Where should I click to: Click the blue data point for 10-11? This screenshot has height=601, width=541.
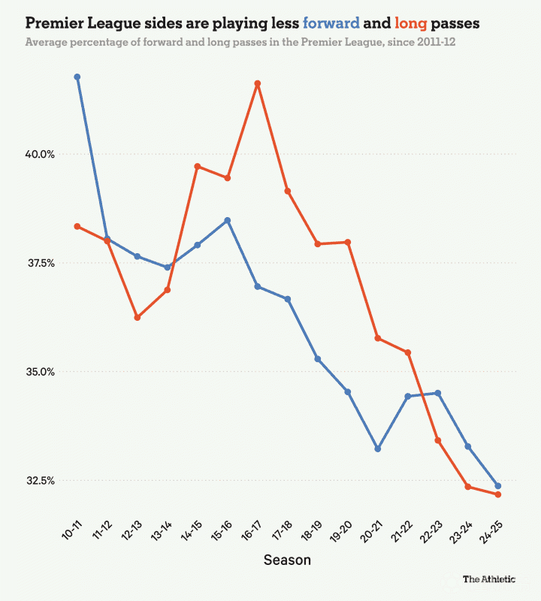tap(77, 77)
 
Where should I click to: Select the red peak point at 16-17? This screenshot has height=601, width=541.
tap(257, 83)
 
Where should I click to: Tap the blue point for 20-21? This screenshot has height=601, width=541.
tap(377, 448)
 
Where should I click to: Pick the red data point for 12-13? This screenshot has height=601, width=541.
tap(137, 318)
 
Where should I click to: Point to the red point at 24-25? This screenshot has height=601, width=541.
tap(497, 494)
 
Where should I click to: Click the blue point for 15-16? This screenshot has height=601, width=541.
tap(227, 220)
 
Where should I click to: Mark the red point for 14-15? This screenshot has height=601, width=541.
tap(197, 166)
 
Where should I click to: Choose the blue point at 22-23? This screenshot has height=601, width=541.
tap(437, 393)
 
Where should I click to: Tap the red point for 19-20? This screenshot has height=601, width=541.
tap(347, 242)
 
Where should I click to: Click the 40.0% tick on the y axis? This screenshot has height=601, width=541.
tap(41, 154)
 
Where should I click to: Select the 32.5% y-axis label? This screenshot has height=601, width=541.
tap(41, 481)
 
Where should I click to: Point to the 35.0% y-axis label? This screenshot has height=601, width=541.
tap(41, 372)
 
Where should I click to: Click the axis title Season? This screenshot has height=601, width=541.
tap(287, 560)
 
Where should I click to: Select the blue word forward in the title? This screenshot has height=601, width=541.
tap(331, 24)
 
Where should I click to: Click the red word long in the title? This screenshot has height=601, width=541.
tap(410, 24)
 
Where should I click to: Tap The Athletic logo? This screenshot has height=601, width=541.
tap(489, 579)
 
